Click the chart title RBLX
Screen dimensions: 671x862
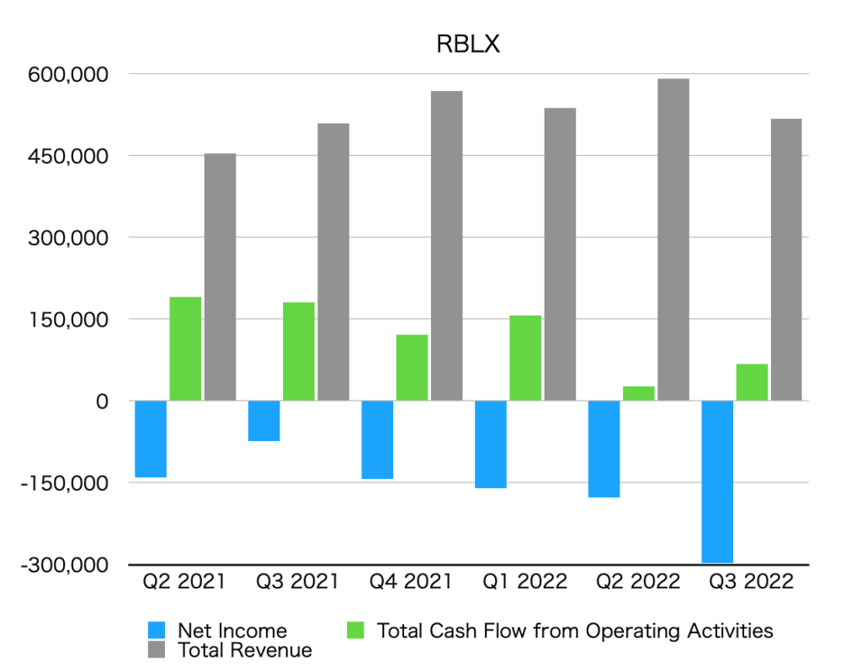click(468, 45)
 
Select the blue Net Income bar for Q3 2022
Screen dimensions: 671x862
click(718, 482)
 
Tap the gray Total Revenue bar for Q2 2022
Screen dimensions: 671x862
click(673, 239)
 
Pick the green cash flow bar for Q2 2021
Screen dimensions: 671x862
click(185, 349)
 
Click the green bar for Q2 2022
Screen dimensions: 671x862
click(639, 393)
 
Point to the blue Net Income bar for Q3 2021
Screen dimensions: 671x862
click(264, 421)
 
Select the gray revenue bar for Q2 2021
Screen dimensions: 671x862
click(220, 277)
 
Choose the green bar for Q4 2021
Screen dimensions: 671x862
click(412, 368)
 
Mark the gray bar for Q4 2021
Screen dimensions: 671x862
click(447, 246)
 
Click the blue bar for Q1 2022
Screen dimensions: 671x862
click(491, 445)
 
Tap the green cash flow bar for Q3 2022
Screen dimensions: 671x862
click(752, 382)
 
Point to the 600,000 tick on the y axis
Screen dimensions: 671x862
click(68, 74)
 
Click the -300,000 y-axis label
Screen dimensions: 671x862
click(65, 565)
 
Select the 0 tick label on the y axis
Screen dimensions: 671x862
click(101, 402)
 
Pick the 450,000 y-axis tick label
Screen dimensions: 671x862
click(68, 156)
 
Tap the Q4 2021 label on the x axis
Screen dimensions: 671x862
click(411, 582)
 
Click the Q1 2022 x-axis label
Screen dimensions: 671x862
click(524, 582)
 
